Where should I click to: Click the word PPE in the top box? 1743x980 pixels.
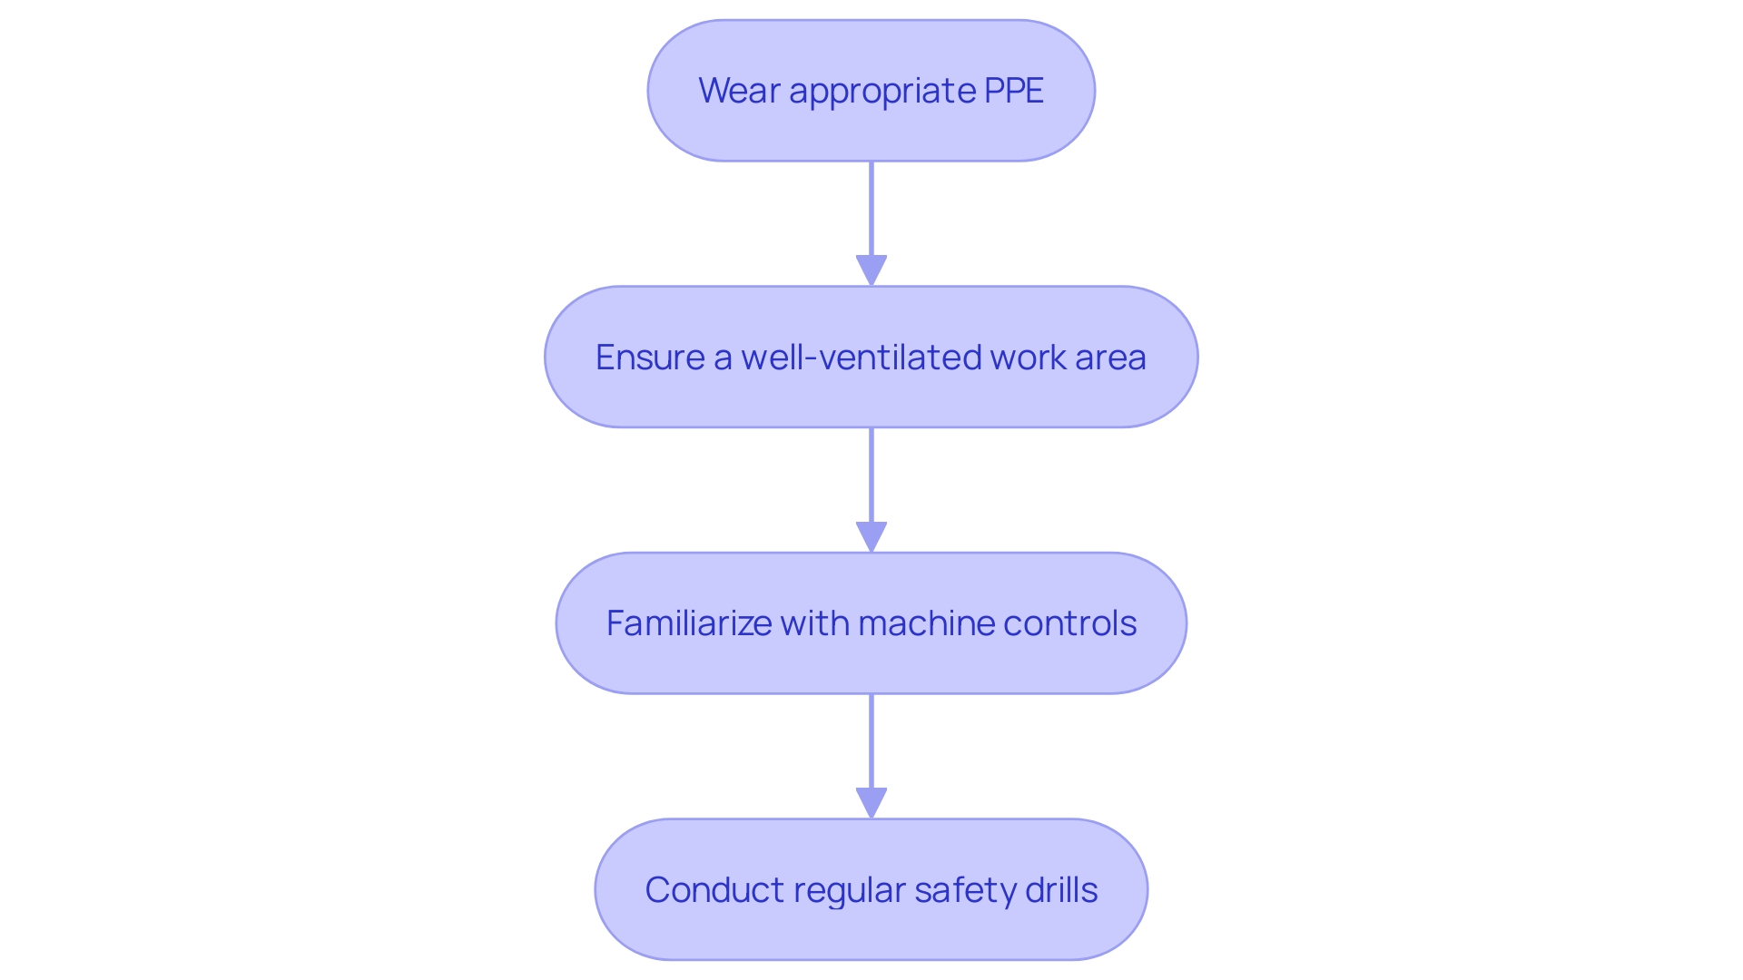(1013, 91)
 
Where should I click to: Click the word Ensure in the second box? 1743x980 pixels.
(649, 358)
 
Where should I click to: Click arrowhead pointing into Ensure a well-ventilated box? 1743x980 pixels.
(871, 270)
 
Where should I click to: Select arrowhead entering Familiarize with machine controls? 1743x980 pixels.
(871, 536)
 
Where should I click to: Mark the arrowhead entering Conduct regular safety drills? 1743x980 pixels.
(871, 803)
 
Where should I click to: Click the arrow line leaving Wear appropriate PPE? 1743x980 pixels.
(871, 209)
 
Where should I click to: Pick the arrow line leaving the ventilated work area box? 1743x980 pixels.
(871, 475)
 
